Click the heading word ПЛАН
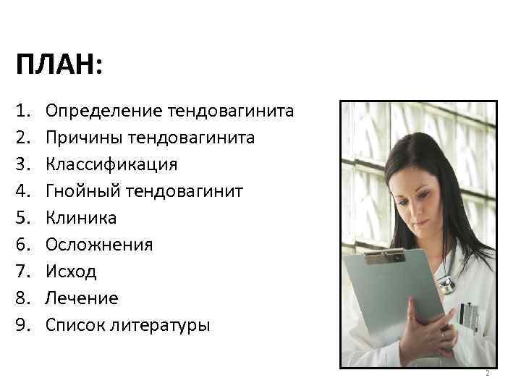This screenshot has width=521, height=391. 59,67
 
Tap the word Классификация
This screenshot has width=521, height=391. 111,164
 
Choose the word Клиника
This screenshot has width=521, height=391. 80,218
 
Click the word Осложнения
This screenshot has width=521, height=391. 98,245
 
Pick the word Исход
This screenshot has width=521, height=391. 71,272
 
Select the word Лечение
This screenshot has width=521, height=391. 81,298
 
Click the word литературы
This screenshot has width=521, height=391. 161,325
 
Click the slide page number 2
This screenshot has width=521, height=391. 488,374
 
